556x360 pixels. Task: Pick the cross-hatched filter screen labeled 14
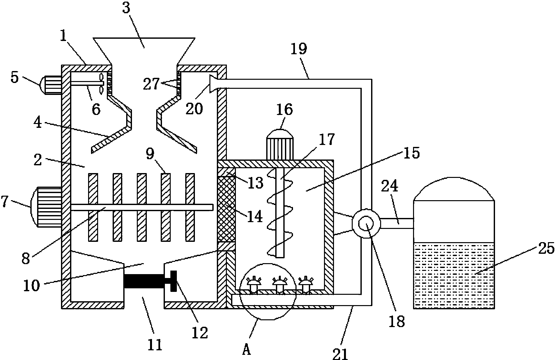tap(227, 209)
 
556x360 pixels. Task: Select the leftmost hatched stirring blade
tap(93, 207)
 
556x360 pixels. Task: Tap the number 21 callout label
tap(340, 353)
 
